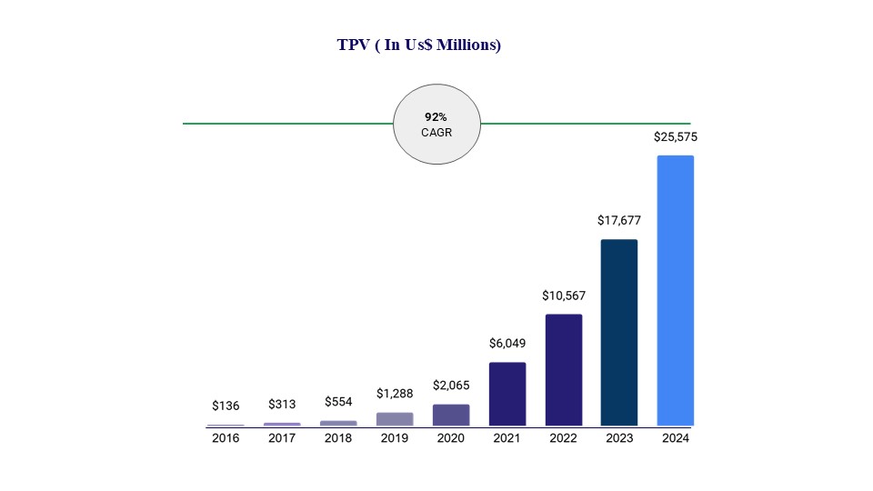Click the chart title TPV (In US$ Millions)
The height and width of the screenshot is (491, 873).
tap(418, 45)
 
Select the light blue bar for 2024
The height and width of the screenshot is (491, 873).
tap(675, 290)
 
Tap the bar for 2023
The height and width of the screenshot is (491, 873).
tap(618, 332)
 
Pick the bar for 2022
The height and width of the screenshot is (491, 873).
tap(563, 369)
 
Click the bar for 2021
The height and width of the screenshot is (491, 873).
tap(507, 394)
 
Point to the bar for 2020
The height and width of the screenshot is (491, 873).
tap(451, 415)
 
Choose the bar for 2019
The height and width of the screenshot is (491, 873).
tap(395, 419)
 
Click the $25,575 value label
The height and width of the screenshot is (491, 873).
tap(676, 137)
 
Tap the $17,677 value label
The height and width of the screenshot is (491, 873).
tap(619, 220)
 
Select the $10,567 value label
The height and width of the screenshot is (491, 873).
tap(563, 296)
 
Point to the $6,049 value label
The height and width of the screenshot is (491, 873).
tap(507, 343)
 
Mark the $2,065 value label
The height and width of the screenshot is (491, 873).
tap(451, 386)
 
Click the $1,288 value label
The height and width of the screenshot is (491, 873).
tap(395, 394)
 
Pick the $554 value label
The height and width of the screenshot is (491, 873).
tap(338, 401)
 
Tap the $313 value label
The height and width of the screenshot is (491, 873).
tap(282, 404)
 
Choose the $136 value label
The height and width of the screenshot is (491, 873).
tap(226, 406)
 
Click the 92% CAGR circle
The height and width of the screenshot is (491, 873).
tap(436, 125)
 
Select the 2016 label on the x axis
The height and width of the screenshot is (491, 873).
tap(226, 438)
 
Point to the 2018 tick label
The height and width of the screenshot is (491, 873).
tap(338, 438)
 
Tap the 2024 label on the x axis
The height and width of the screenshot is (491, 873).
tap(676, 438)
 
